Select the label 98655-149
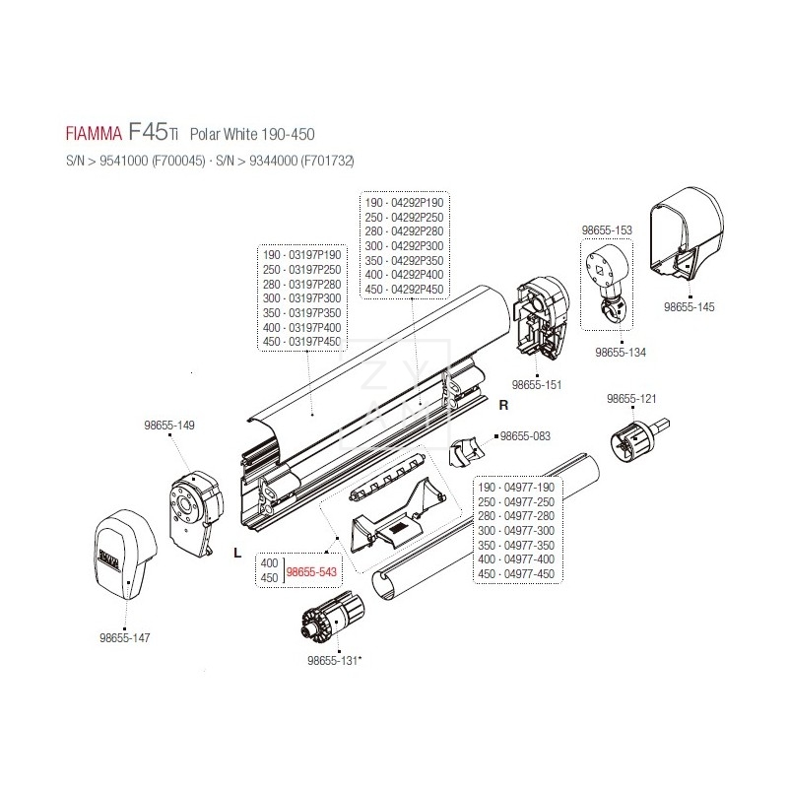click(169, 426)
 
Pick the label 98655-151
click(537, 384)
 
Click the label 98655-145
click(689, 307)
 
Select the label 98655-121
click(631, 399)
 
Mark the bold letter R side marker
click(502, 405)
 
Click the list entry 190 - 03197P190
click(302, 254)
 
